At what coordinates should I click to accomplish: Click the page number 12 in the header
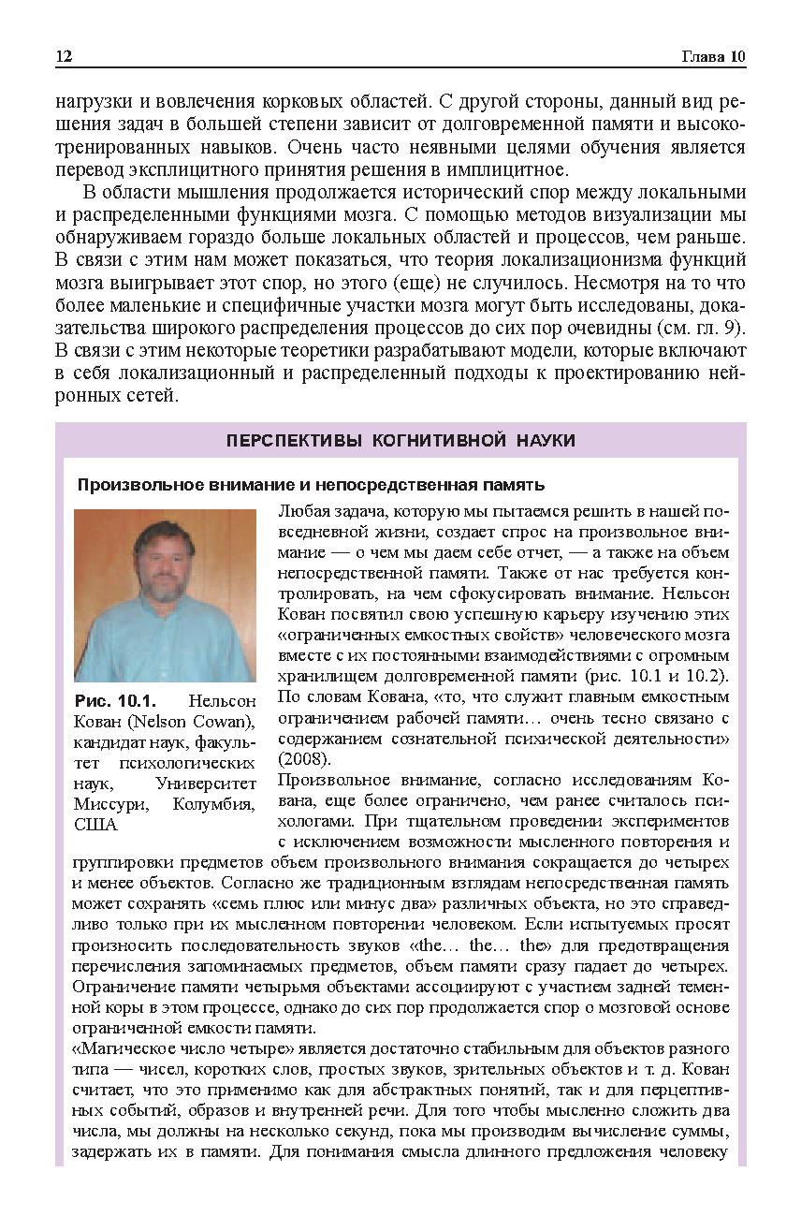point(64,57)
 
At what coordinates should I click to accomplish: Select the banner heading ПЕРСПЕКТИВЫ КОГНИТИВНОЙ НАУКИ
point(400,440)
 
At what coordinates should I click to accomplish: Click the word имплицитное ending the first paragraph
point(501,170)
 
